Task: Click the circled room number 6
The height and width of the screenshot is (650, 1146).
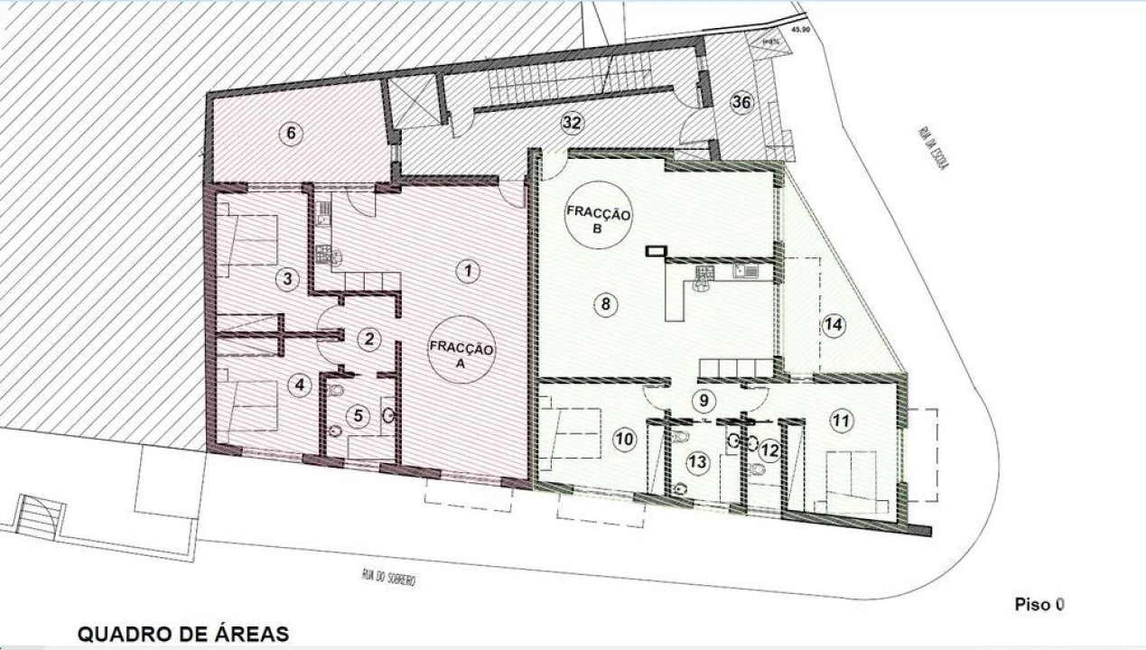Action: tap(290, 135)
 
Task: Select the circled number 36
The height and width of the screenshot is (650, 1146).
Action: tap(741, 102)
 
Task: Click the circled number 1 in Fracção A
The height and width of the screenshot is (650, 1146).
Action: tap(466, 270)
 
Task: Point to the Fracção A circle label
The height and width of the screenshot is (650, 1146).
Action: tap(461, 349)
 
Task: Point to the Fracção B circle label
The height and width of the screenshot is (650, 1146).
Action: tap(599, 221)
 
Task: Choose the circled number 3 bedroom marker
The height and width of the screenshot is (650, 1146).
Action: tap(287, 279)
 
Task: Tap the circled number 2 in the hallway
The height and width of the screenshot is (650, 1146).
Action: tap(368, 339)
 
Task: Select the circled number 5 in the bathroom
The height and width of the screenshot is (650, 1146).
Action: tap(359, 416)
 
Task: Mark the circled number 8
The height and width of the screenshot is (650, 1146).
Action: tap(604, 304)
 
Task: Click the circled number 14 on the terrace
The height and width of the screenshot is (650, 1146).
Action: tap(834, 326)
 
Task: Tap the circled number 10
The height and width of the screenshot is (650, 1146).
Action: tap(624, 440)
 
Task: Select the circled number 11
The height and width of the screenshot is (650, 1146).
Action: tap(841, 421)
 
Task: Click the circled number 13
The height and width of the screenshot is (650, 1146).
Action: tap(697, 462)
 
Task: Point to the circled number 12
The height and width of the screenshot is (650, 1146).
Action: tap(769, 449)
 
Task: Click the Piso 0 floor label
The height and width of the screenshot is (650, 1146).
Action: tap(1039, 604)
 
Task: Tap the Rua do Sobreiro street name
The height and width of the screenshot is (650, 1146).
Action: tap(384, 577)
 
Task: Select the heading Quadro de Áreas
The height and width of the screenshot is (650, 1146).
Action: tap(183, 635)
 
